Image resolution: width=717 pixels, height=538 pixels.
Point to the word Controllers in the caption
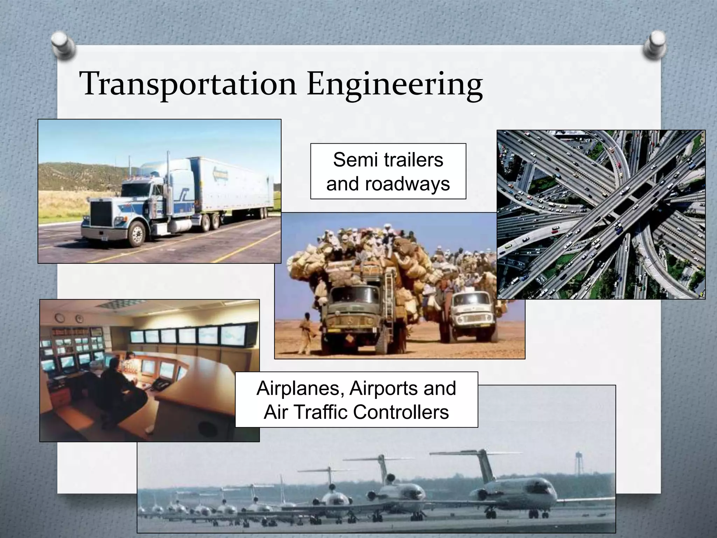[x=401, y=412]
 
